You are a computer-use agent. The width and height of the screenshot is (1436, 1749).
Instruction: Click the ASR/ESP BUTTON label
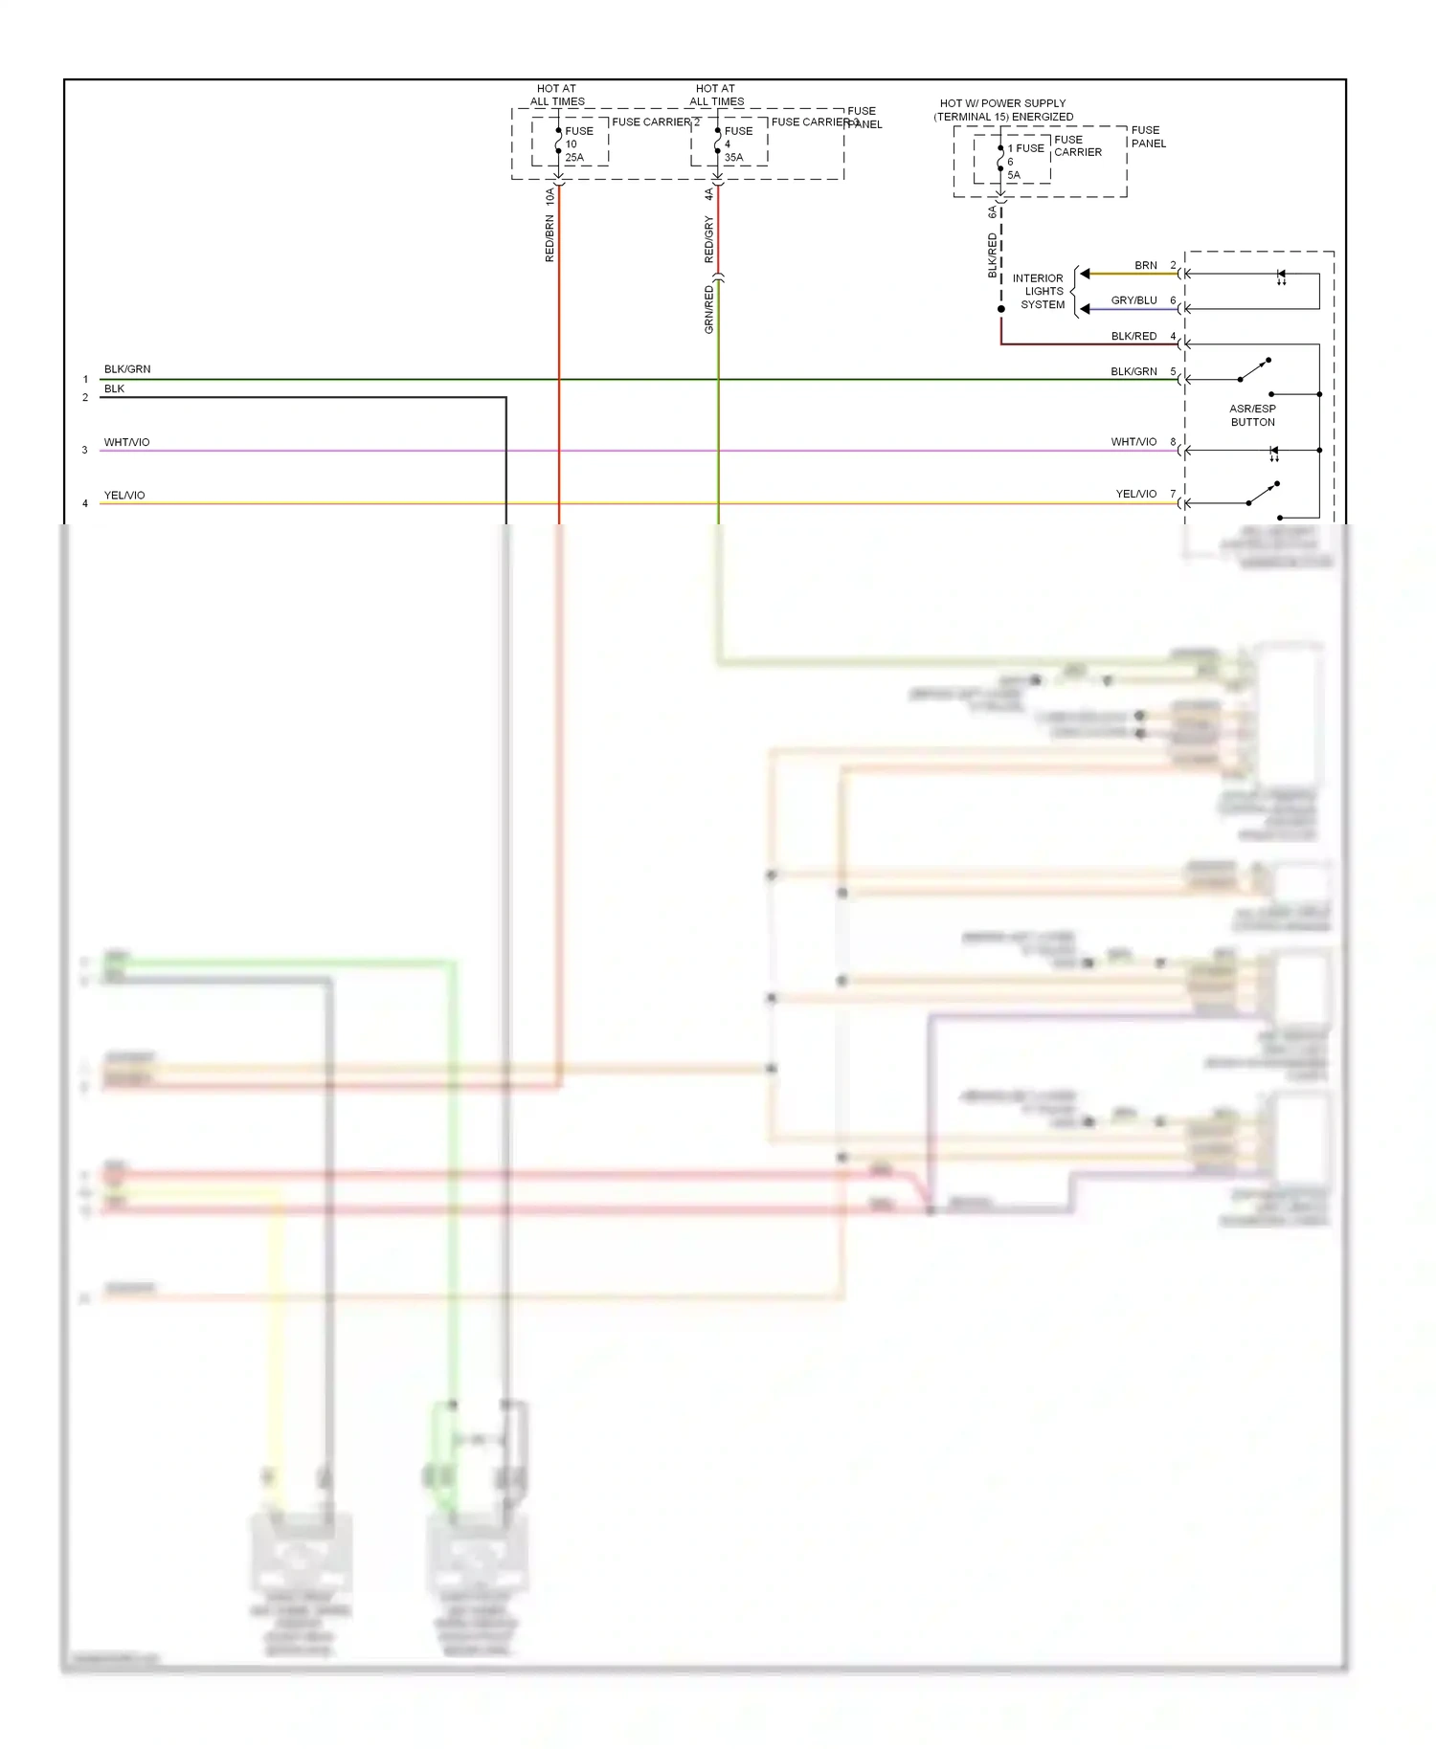1252,415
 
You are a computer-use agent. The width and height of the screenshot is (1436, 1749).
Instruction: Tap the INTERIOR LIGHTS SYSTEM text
1040,292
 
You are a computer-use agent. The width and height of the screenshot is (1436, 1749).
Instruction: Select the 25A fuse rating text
574,158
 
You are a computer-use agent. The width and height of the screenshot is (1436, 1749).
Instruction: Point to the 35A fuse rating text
733,158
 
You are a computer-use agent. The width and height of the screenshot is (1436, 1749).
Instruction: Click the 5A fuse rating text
1014,176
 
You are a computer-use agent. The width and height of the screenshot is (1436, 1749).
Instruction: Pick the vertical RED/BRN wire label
550,238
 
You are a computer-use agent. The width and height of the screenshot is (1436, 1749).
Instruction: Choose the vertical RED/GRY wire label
708,239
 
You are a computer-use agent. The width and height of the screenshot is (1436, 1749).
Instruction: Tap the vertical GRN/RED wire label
708,309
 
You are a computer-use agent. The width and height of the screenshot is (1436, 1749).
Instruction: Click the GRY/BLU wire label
1133,300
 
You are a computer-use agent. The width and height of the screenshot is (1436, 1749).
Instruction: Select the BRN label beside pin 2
1146,265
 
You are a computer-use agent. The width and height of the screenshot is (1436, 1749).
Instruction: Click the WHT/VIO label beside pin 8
1133,442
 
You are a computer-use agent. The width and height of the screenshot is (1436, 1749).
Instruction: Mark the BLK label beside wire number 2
114,388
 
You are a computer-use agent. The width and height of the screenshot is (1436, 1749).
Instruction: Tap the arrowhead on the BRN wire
1085,274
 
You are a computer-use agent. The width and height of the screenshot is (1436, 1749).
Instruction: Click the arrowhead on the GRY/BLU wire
1085,309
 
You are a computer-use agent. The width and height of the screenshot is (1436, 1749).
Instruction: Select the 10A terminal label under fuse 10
550,197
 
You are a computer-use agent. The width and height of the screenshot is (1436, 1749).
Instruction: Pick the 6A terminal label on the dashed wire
992,212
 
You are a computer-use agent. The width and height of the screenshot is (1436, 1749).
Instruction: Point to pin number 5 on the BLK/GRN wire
1173,371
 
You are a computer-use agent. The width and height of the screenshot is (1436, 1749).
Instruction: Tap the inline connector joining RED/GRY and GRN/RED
718,277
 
